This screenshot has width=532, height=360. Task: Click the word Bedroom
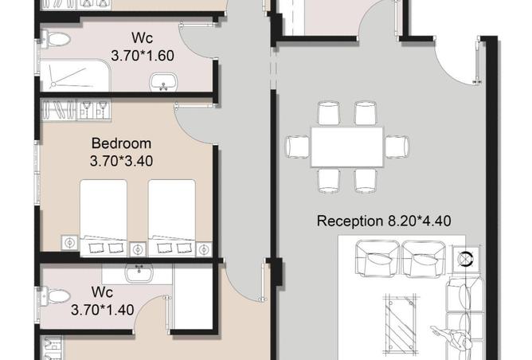121,143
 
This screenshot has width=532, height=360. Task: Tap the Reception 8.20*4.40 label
384,221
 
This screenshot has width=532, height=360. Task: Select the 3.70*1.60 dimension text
143,56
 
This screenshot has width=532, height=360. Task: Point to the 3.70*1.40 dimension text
102,310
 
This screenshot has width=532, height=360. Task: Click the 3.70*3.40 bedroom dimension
121,161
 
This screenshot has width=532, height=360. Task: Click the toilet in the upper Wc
55,39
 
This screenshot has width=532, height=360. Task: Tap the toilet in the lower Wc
55,295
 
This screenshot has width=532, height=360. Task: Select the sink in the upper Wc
163,82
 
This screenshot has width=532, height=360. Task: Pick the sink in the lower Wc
139,273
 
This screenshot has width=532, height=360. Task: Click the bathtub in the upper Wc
75,76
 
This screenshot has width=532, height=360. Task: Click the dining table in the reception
347,147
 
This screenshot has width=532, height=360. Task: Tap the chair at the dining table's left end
298,147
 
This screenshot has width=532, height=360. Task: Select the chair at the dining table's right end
397,147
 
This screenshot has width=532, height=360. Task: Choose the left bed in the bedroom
104,218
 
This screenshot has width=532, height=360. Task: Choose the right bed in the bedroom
172,218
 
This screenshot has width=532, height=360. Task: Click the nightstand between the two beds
138,249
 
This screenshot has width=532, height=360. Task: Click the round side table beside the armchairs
466,259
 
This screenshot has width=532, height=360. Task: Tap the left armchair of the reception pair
377,259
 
